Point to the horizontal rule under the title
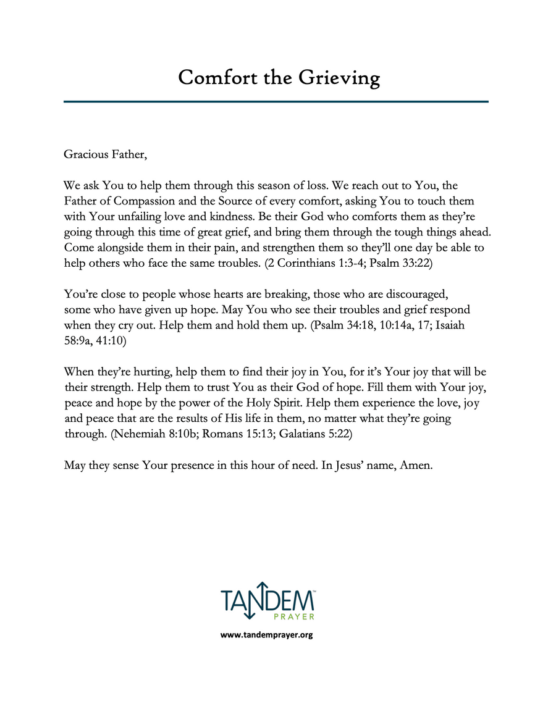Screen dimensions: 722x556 [276, 101]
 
